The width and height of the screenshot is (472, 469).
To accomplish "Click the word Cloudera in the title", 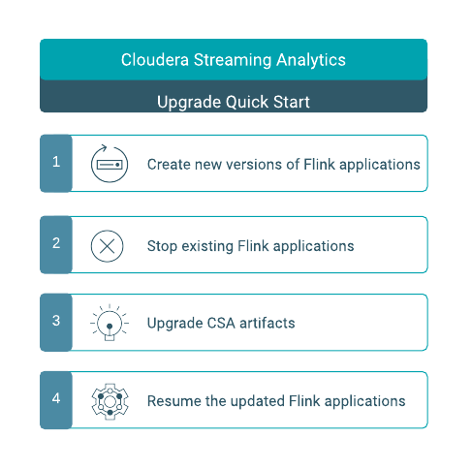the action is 155,60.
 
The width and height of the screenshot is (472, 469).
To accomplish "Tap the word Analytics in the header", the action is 311,60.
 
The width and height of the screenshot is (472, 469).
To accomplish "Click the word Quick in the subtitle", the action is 247,102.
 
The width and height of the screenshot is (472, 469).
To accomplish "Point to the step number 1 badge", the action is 56,163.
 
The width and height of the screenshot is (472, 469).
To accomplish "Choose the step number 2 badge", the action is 56,244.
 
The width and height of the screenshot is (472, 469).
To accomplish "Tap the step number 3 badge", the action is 56,322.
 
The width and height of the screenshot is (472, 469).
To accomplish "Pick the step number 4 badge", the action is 56,400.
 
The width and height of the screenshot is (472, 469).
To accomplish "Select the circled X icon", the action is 107,246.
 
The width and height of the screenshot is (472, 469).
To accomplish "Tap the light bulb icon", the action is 110,323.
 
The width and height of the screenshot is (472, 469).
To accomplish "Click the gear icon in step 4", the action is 110,401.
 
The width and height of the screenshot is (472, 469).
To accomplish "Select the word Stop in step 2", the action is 162,247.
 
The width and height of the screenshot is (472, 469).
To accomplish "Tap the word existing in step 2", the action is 207,247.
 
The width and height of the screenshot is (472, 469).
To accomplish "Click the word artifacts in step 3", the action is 267,324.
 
